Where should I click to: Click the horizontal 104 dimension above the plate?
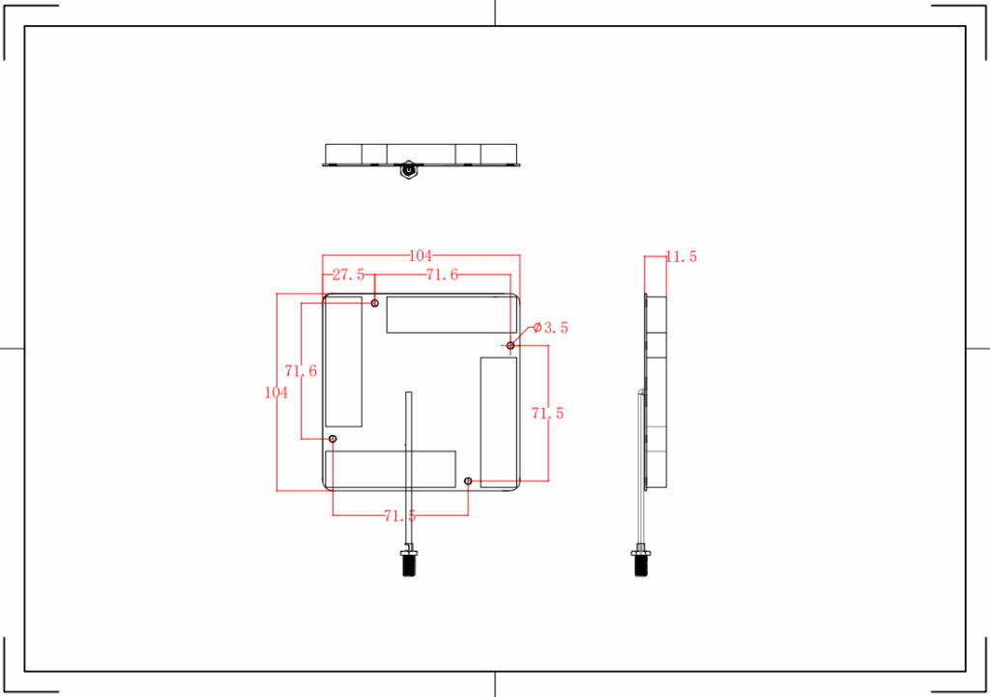click(x=421, y=256)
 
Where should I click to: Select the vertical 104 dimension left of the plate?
click(x=277, y=392)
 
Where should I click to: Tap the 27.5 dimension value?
click(x=348, y=276)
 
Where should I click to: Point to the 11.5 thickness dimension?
click(x=681, y=257)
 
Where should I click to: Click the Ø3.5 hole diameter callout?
click(x=550, y=329)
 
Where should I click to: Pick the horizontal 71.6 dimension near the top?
click(x=442, y=276)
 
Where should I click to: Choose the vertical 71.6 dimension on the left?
click(x=301, y=371)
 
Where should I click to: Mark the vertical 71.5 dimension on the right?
click(x=548, y=414)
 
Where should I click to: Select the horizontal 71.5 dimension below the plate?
click(x=400, y=516)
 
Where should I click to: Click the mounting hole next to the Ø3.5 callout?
click(x=510, y=345)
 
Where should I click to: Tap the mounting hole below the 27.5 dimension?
click(x=375, y=304)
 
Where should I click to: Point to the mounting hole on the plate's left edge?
click(x=333, y=439)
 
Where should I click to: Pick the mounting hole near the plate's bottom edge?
click(x=468, y=480)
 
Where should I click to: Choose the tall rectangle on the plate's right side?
click(x=499, y=421)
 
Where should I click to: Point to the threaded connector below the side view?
click(x=640, y=563)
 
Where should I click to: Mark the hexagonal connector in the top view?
click(x=409, y=170)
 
